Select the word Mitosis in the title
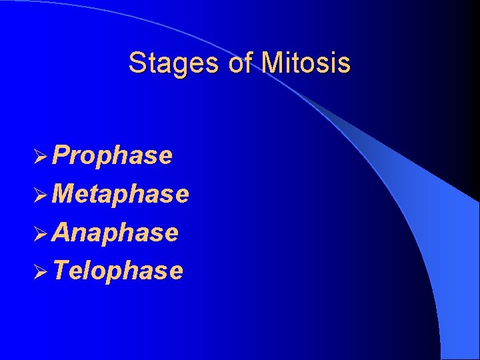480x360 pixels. (x=306, y=63)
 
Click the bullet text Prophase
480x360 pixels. (x=112, y=155)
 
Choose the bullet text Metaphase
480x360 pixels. (x=120, y=194)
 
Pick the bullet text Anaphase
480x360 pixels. (x=115, y=233)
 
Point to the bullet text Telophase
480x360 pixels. (x=117, y=271)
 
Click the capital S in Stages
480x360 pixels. (x=137, y=63)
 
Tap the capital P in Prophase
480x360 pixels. (x=61, y=155)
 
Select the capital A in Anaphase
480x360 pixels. (x=61, y=233)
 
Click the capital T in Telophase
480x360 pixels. (x=61, y=271)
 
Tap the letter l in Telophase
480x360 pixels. (x=88, y=271)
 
